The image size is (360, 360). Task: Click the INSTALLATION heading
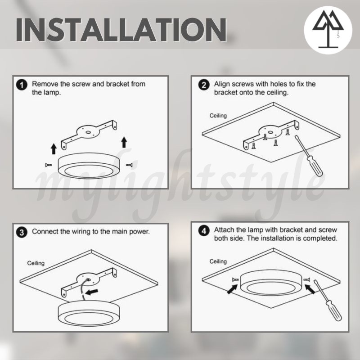point(121,30)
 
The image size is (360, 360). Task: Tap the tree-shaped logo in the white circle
point(328,29)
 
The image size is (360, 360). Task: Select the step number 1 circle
point(22,85)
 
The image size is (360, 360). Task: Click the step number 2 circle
point(204,85)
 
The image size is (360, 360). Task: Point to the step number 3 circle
point(22,232)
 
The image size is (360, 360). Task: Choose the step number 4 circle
point(204,231)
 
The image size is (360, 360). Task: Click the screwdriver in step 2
point(309,156)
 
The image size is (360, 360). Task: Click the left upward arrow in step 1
point(54,149)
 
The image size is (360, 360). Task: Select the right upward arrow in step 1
point(124,142)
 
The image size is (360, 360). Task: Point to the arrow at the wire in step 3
point(91,292)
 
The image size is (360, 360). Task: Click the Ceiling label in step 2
point(218,116)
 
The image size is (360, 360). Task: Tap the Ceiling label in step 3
point(36,263)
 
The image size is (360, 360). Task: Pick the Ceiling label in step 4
point(218,261)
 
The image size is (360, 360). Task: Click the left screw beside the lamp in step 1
point(49,165)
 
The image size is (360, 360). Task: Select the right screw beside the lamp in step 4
point(307,279)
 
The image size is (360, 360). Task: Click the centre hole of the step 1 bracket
point(88,132)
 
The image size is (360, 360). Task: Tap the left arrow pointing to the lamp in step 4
point(232,289)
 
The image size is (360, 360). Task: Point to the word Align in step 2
point(222,85)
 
